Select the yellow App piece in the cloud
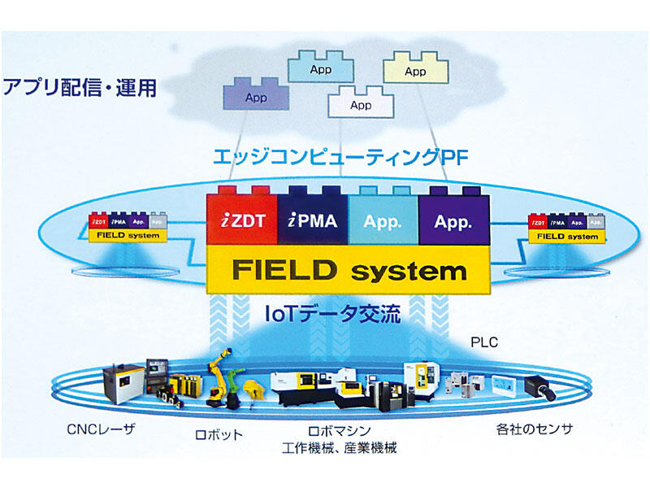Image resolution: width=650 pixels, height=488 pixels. tap(414, 70)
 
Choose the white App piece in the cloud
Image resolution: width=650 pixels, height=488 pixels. tap(360, 104)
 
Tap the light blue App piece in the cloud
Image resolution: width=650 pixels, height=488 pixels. tap(320, 68)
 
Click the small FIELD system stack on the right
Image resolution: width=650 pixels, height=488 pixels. tap(566, 228)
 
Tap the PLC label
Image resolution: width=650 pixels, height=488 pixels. tap(484, 342)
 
